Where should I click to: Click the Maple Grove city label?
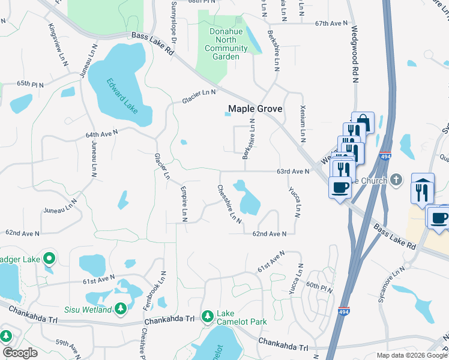click(255, 109)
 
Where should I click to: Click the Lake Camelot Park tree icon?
click(208, 316)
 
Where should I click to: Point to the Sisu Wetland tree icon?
click(121, 308)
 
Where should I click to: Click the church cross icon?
click(396, 179)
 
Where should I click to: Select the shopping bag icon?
click(363, 122)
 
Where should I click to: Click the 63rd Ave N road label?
click(293, 172)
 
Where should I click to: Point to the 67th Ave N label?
click(332, 23)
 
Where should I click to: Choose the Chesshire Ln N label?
click(229, 204)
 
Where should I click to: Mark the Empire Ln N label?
click(184, 204)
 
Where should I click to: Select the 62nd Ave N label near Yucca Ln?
click(270, 233)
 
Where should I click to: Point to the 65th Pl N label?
click(31, 85)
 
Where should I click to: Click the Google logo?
click(20, 352)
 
